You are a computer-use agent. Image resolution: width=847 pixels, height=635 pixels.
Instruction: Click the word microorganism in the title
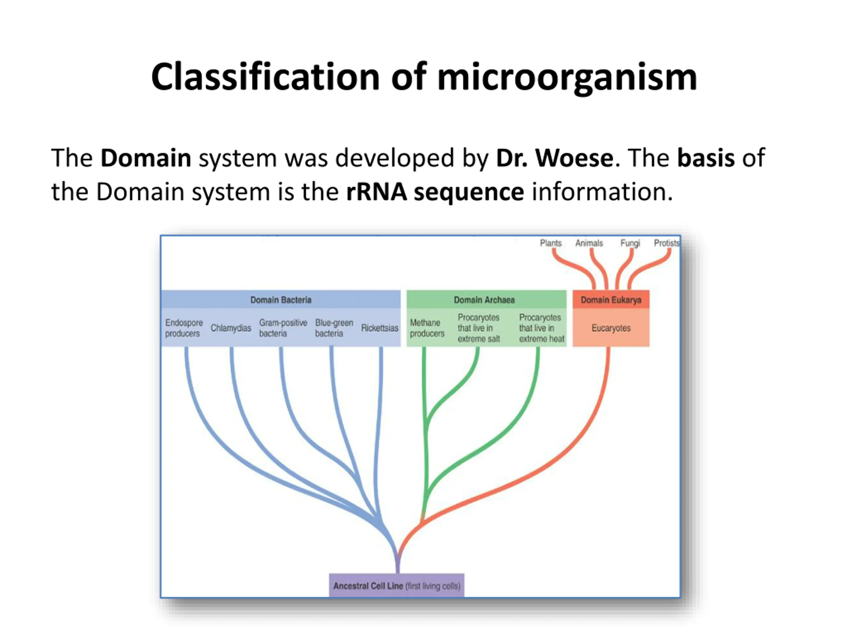[567, 77]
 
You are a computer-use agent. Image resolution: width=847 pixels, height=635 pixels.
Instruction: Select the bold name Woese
[574, 158]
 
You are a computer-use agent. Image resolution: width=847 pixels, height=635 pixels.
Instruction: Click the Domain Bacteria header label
[281, 300]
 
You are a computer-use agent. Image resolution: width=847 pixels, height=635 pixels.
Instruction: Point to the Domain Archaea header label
[484, 300]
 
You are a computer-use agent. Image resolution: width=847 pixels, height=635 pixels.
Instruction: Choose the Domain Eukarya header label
[611, 300]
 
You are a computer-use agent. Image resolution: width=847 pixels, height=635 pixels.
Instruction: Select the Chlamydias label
[231, 328]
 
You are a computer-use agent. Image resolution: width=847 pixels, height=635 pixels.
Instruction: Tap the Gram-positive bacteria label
[283, 328]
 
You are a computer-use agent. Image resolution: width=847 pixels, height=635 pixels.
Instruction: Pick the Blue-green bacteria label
[334, 328]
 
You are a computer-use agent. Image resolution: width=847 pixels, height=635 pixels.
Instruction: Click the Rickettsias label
[379, 328]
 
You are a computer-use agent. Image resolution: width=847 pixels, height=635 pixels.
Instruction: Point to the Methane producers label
[426, 328]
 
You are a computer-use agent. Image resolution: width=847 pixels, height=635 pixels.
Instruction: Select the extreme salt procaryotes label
[479, 328]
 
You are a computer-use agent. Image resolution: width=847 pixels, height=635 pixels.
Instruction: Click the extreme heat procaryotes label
[541, 328]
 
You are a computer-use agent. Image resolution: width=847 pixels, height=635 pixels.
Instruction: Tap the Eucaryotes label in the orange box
[611, 328]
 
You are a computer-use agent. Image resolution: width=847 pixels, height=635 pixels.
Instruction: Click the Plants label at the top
[551, 243]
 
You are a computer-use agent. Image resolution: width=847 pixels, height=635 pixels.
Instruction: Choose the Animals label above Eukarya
[589, 243]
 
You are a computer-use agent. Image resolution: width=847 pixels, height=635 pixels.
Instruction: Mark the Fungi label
[630, 243]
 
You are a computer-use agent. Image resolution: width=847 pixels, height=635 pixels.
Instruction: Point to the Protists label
[666, 243]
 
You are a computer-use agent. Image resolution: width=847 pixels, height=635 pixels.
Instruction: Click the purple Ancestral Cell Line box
[397, 586]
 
